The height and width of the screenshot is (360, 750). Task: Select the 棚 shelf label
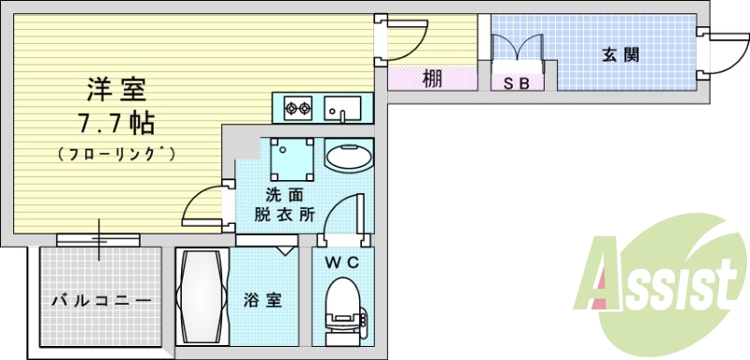click(431, 80)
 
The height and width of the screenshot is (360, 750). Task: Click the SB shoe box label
click(517, 83)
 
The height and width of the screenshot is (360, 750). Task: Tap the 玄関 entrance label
click(620, 55)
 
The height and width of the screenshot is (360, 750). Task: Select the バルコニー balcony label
click(100, 301)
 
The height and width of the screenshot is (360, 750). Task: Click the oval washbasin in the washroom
click(349, 156)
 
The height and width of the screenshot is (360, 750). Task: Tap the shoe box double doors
click(517, 52)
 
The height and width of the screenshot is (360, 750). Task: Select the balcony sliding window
click(98, 240)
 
